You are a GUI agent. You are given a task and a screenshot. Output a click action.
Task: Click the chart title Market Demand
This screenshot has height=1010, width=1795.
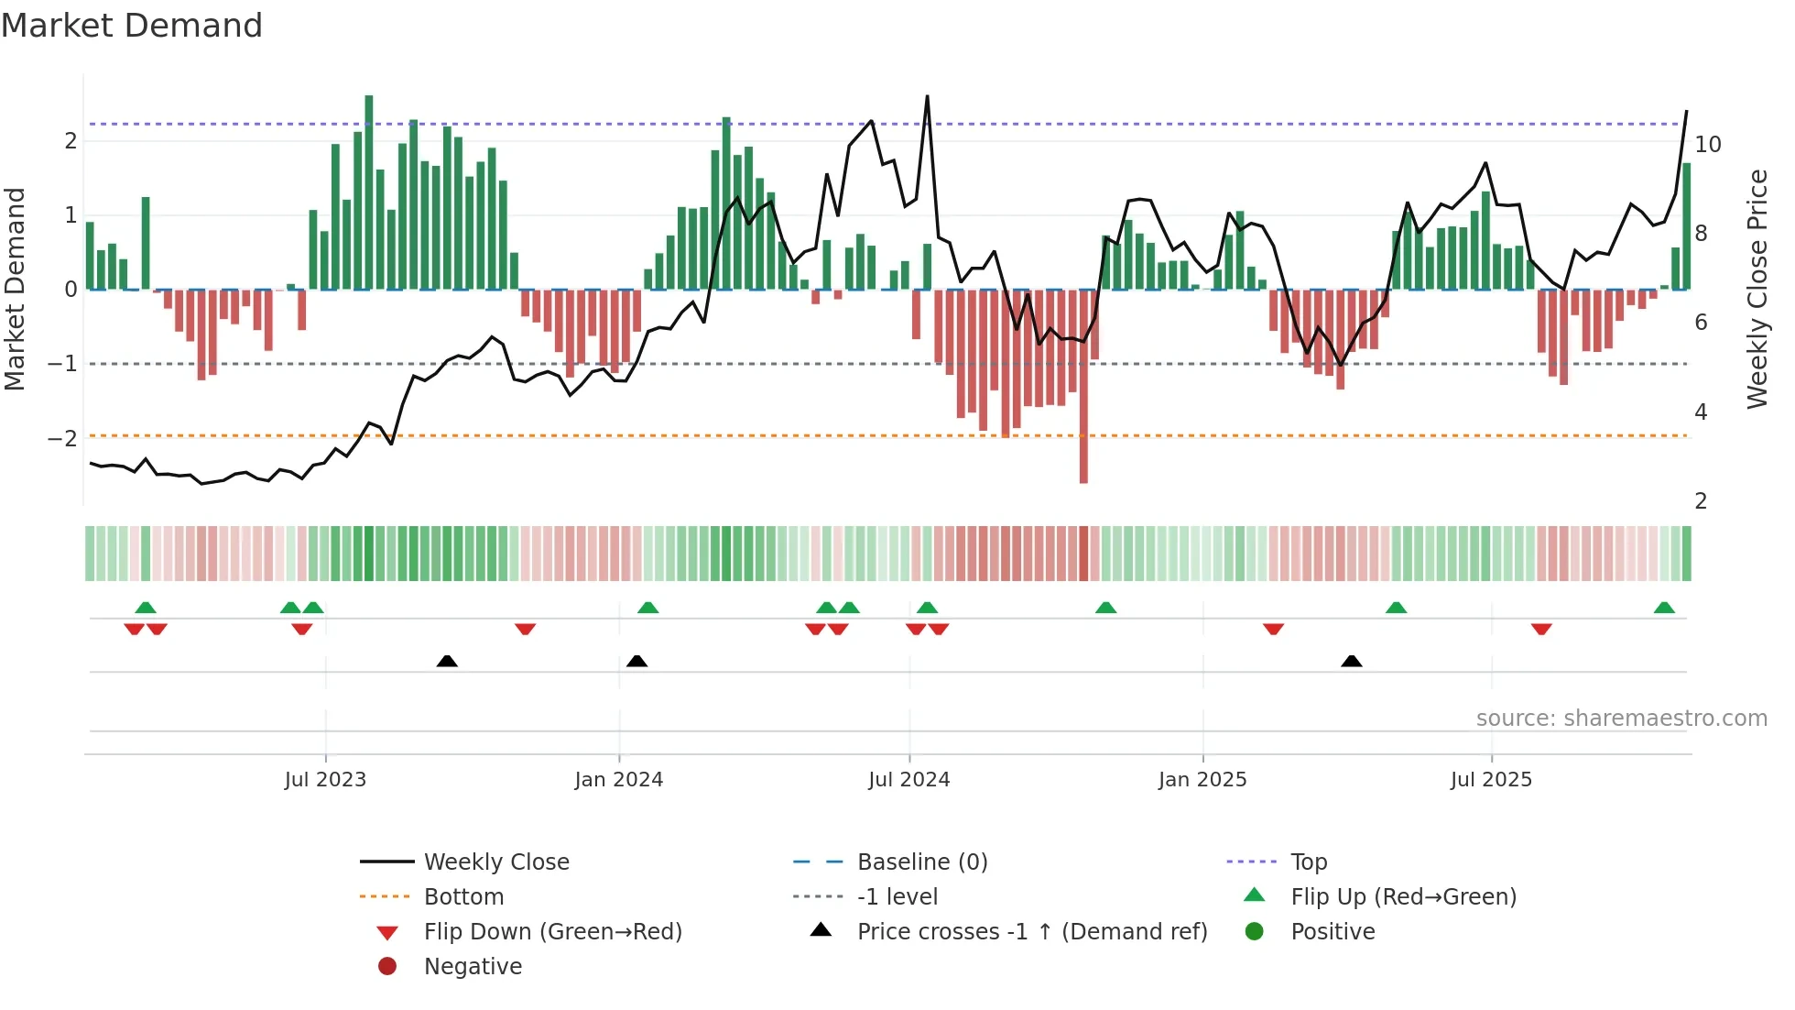tap(132, 26)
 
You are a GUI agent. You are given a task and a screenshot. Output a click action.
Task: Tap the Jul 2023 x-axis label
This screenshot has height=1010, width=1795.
tap(325, 780)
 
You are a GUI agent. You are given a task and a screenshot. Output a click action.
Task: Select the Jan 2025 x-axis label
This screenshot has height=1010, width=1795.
tap(1202, 780)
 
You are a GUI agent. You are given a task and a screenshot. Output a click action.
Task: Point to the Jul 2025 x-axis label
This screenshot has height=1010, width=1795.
tap(1490, 780)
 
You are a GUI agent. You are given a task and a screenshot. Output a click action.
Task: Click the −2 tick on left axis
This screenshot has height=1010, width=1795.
tap(62, 438)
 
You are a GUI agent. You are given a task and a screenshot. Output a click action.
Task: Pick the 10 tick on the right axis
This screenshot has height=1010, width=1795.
tap(1707, 144)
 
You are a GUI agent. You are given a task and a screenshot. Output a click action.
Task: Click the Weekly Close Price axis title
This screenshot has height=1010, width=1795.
tap(1757, 289)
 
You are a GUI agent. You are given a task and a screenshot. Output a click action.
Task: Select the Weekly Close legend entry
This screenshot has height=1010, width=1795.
tap(495, 862)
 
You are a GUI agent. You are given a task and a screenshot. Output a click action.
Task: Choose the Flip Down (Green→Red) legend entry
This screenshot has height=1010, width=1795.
tap(552, 931)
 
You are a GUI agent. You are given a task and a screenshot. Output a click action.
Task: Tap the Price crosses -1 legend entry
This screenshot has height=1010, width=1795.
tap(1031, 931)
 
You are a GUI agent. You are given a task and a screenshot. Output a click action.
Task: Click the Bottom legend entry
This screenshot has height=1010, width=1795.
tap(463, 896)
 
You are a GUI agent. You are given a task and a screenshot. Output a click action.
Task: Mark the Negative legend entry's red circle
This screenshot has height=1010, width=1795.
tap(387, 966)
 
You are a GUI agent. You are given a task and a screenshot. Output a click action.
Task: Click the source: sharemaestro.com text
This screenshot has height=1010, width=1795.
tap(1621, 718)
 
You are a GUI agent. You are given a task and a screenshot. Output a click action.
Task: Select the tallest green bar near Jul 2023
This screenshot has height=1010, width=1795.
tap(369, 192)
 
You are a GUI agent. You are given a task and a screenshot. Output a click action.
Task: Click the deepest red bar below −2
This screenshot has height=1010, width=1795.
tap(1083, 385)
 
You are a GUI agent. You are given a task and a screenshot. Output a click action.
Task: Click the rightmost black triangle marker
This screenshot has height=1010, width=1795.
tap(1351, 661)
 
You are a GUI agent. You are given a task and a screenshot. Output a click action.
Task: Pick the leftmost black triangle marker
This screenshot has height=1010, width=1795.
tap(447, 661)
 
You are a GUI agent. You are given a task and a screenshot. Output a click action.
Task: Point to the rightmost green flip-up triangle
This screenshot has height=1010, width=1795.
tap(1664, 608)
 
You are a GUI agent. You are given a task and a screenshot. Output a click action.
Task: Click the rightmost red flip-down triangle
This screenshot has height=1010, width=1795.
tap(1541, 630)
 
